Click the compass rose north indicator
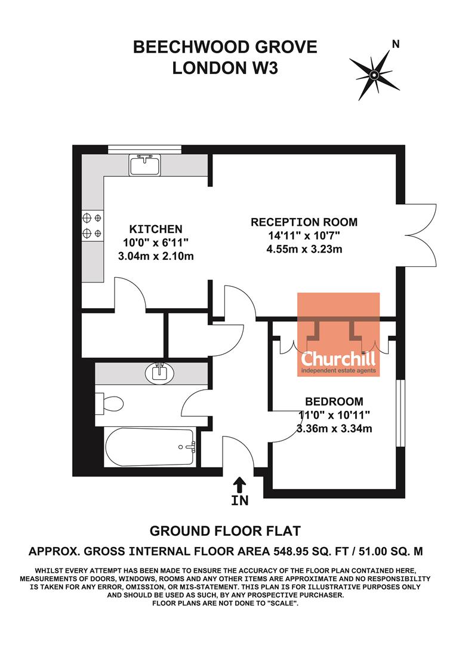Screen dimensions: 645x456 click(374, 74)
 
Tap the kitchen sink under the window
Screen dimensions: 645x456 click(144, 164)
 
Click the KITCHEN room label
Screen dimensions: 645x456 click(156, 229)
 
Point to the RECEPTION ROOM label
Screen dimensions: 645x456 click(304, 222)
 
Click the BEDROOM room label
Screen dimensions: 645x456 click(334, 401)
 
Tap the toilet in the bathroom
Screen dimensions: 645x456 click(109, 404)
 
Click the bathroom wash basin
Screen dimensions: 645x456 click(159, 373)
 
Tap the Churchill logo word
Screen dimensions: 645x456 click(338, 359)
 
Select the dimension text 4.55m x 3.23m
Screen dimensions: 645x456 click(304, 249)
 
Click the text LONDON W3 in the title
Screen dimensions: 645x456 click(225, 68)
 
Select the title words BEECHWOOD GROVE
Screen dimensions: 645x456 click(225, 47)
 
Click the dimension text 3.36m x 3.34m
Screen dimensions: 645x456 click(334, 428)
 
